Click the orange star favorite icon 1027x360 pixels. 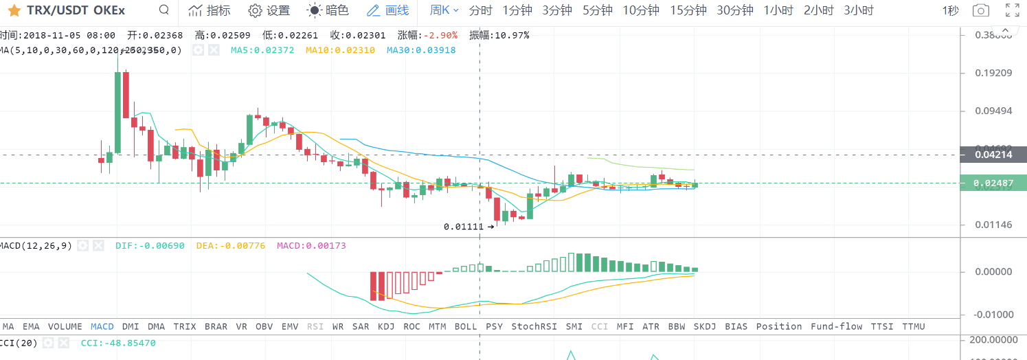[x=14, y=10]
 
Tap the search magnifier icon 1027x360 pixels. [x=163, y=10]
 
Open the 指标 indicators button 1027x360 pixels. [x=210, y=10]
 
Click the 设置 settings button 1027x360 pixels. [x=269, y=10]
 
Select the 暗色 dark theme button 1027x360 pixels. [x=328, y=10]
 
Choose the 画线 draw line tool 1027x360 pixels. [x=388, y=10]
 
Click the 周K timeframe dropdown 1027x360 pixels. [x=444, y=10]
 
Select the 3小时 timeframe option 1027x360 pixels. [x=859, y=10]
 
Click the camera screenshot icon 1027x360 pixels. [x=981, y=10]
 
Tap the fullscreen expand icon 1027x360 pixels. [x=1012, y=10]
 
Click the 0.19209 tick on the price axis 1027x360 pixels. [x=993, y=72]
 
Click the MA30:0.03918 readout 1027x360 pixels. [x=420, y=50]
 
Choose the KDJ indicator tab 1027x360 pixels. [x=386, y=326]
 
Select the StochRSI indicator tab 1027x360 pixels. [x=534, y=326]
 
